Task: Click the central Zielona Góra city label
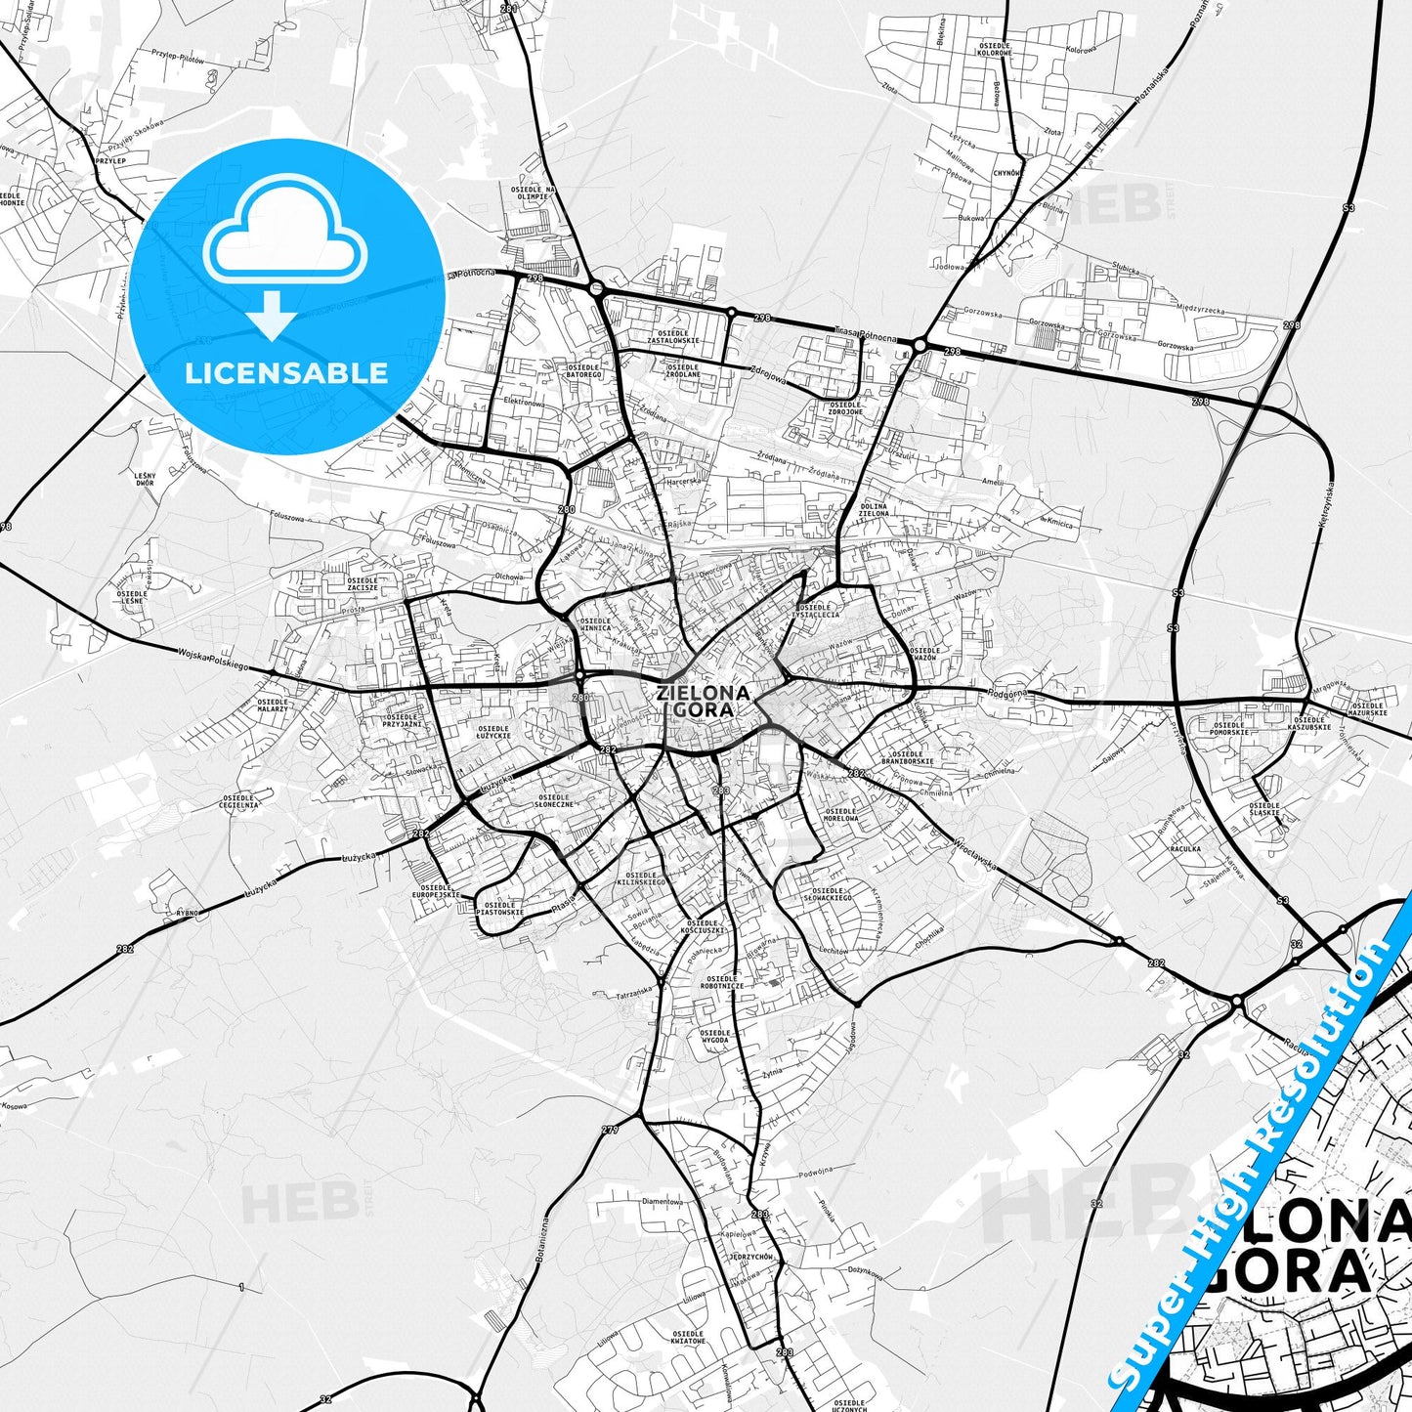coord(704,700)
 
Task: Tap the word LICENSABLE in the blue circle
coord(286,372)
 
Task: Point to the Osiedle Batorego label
coord(584,370)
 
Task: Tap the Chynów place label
coord(1006,173)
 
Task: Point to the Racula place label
coord(1184,849)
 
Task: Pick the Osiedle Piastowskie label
coord(498,909)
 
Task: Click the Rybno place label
coord(188,912)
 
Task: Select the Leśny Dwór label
coord(145,479)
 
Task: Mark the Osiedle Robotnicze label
coord(722,982)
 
